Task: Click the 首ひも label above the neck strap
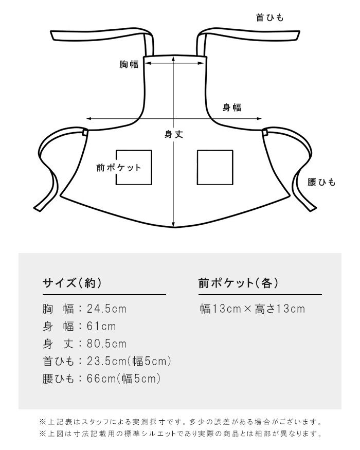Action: pos(269,17)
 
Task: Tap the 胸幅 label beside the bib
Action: pos(129,64)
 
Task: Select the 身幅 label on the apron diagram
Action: pos(232,107)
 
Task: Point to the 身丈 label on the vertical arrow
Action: pos(173,134)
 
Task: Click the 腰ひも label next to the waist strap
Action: pos(321,182)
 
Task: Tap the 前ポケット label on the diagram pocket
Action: pos(119,168)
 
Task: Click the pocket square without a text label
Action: pos(215,167)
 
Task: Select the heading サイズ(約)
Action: pos(72,283)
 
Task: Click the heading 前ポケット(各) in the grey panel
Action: pos(238,283)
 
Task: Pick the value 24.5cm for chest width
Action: pos(106,309)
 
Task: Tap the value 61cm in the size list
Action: pos(101,326)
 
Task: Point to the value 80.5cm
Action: pos(106,344)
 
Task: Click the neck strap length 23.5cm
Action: pos(106,361)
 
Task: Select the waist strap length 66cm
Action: pos(101,379)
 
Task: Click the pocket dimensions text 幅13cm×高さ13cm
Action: pos(253,309)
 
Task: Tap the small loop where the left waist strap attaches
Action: pos(85,132)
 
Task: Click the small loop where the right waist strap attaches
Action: pos(265,132)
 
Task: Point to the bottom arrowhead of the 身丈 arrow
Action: pos(173,224)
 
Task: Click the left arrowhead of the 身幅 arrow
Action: pos(89,118)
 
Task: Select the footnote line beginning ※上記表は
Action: pos(181,422)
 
